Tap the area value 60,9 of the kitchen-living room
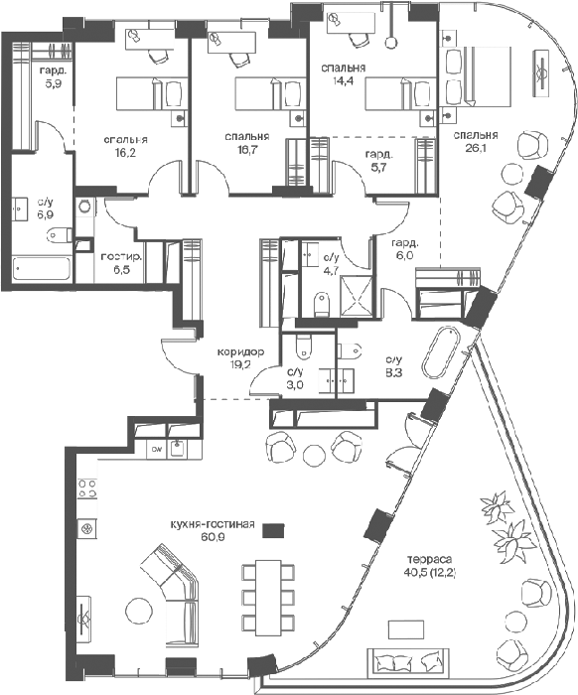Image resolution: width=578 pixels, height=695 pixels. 213,537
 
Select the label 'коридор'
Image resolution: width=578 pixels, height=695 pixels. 240,351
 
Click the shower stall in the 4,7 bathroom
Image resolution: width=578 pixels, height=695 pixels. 356,296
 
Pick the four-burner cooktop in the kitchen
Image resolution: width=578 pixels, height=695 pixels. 87,488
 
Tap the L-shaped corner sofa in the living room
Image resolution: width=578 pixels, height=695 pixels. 170,581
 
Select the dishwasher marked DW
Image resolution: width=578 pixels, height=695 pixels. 157,449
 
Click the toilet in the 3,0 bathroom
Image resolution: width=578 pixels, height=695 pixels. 304,347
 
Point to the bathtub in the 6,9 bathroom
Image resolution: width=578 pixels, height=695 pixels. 42,267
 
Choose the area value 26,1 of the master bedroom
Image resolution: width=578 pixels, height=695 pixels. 476,149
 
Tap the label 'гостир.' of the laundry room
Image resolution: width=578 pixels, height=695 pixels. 121,257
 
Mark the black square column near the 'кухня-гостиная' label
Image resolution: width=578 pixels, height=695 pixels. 273,530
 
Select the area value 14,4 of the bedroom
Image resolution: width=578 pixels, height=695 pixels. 344,80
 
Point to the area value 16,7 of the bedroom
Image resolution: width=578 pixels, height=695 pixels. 247,149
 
